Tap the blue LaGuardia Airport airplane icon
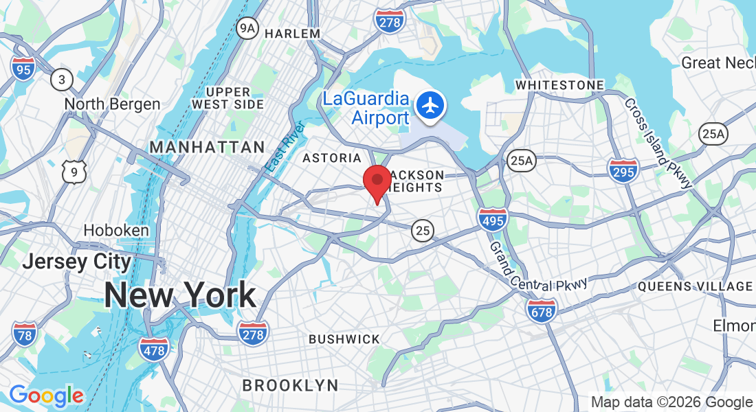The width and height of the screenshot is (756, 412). (x=431, y=106)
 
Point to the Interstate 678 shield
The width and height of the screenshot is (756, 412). (x=542, y=311)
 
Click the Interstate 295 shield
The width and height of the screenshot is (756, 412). (x=623, y=170)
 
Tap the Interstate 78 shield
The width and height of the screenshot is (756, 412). (x=24, y=334)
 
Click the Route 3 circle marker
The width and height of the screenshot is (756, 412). (x=62, y=80)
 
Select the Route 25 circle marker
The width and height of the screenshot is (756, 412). (x=423, y=231)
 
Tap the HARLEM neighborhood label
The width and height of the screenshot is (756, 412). (x=292, y=33)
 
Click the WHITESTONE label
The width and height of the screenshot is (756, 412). (x=559, y=85)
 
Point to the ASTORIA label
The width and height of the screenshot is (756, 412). (x=332, y=158)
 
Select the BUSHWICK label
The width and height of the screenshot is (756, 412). (x=344, y=339)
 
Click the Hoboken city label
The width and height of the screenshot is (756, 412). (x=116, y=230)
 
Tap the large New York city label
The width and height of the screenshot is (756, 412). (x=180, y=295)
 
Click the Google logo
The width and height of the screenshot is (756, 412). (x=46, y=396)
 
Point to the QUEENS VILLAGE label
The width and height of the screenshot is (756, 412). (x=696, y=286)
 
